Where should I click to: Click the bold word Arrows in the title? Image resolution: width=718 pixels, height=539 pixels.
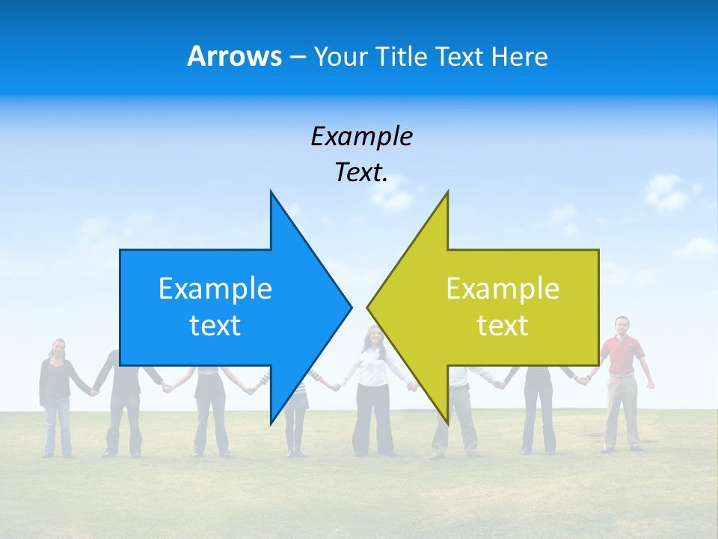(234, 56)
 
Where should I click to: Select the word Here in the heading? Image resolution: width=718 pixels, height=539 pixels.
(518, 56)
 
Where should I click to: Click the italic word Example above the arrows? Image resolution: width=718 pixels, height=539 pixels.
(361, 136)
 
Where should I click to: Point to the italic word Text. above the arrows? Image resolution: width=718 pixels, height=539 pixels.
(361, 173)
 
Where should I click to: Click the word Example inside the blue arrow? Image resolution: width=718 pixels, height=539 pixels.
(215, 288)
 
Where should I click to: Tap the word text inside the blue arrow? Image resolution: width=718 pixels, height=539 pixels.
(215, 325)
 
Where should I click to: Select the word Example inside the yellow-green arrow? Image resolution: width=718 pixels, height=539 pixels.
(503, 288)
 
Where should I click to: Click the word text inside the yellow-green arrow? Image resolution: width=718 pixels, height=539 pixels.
(503, 325)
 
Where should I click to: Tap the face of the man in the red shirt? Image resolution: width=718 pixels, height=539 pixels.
(622, 325)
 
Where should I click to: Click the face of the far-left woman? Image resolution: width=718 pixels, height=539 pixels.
(58, 349)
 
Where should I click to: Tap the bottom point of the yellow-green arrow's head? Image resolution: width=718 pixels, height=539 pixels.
(447, 420)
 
